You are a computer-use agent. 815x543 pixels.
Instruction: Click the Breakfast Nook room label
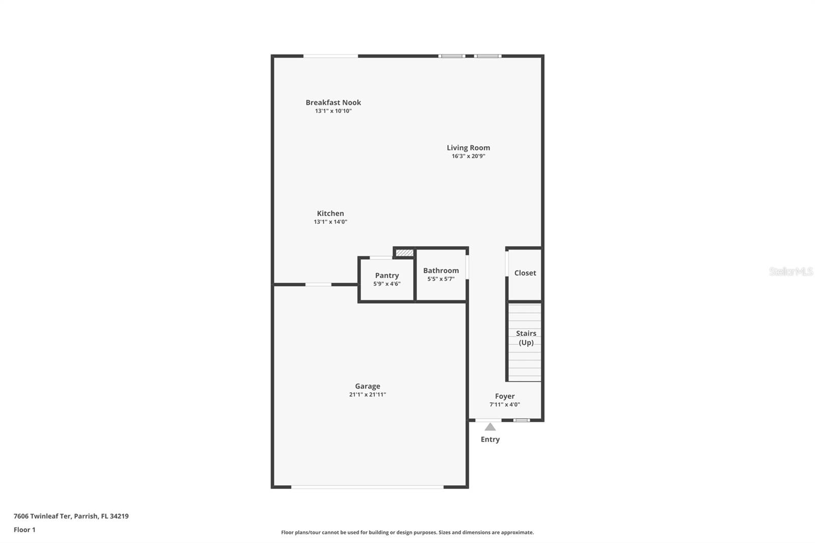pos(333,102)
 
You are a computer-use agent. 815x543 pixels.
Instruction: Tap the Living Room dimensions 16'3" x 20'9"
pos(468,156)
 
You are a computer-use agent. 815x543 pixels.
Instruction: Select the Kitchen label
pos(330,213)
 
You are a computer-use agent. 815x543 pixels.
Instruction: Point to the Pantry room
pos(387,279)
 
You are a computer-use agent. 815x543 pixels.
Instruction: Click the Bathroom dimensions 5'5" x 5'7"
pos(441,279)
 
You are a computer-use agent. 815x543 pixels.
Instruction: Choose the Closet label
pos(525,273)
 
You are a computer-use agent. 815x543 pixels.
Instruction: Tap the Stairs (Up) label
pos(526,338)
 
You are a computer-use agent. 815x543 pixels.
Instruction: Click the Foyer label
pos(505,396)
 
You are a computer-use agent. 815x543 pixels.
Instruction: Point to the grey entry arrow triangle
pos(490,427)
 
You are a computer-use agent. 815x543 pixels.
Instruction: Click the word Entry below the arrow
pos(490,439)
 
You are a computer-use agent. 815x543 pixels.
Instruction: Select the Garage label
pos(367,386)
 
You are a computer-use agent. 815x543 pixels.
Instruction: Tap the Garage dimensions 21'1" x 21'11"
pos(367,395)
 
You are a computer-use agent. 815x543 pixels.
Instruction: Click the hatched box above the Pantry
pos(404,253)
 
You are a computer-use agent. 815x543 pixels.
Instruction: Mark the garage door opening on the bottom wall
pos(367,487)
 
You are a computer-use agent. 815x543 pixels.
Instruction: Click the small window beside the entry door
pos(521,420)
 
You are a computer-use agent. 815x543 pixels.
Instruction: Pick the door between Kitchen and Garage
pos(318,284)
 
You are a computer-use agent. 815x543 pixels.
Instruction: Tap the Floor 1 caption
pos(24,530)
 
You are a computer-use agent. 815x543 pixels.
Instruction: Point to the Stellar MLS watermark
pos(791,271)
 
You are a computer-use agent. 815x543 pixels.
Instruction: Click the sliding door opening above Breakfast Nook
pos(331,56)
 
